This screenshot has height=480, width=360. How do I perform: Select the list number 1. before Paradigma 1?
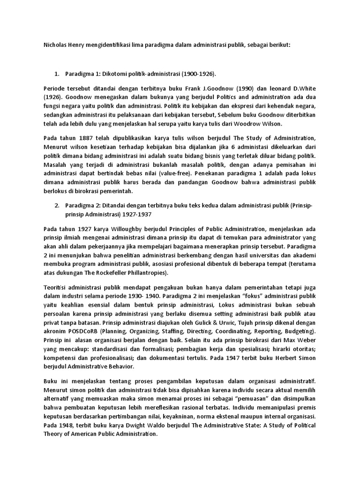click(x=57, y=74)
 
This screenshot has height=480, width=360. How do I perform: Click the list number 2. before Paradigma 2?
click(x=57, y=205)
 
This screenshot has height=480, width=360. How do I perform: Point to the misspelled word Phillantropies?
click(x=146, y=273)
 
